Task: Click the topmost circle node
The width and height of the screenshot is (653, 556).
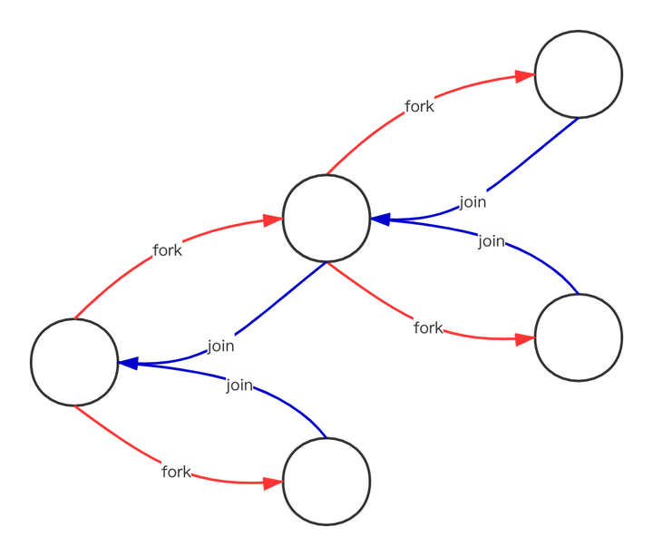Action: [579, 73]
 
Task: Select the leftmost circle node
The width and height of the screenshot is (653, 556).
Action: [74, 361]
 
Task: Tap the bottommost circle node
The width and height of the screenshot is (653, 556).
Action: [326, 480]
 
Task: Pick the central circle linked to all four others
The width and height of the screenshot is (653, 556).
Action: [326, 219]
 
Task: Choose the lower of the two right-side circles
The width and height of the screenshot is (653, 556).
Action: [579, 337]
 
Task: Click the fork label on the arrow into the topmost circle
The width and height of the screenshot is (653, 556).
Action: [419, 106]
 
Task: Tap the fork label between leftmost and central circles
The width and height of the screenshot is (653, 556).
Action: [168, 250]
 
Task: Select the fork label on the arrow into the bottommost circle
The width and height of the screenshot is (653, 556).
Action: [176, 472]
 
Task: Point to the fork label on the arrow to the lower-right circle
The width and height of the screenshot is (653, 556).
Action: [427, 327]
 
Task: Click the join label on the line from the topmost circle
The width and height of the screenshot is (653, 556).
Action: [473, 201]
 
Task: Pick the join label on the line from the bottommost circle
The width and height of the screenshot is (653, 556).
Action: [239, 385]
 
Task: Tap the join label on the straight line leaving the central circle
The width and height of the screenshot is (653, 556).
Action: [221, 345]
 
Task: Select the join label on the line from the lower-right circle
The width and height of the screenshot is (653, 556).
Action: [492, 240]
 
